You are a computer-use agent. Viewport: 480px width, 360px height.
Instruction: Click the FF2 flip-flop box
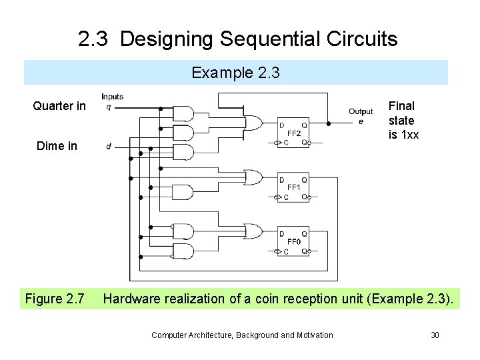pos(293,133)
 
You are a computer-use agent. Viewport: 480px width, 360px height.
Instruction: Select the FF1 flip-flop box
pos(293,187)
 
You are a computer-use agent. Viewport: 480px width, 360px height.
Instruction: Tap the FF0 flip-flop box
pos(293,242)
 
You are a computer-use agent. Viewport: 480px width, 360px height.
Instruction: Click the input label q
pos(109,107)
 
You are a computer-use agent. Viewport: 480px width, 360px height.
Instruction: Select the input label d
pos(109,147)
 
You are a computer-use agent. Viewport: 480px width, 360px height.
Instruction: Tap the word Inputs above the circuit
pos(112,97)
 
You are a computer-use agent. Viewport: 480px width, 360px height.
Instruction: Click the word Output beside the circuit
pos(361,111)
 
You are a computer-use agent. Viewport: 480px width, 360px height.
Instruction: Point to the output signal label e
pos(361,121)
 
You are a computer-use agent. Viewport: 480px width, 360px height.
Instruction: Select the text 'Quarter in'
pos(59,106)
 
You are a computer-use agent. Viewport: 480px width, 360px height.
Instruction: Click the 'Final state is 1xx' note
pos(403,121)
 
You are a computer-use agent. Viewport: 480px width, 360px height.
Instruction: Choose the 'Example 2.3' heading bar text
pos(236,73)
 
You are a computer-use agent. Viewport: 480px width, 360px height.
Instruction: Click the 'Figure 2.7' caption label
pos(54,299)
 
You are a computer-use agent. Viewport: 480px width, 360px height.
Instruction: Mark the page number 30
pos(435,335)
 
